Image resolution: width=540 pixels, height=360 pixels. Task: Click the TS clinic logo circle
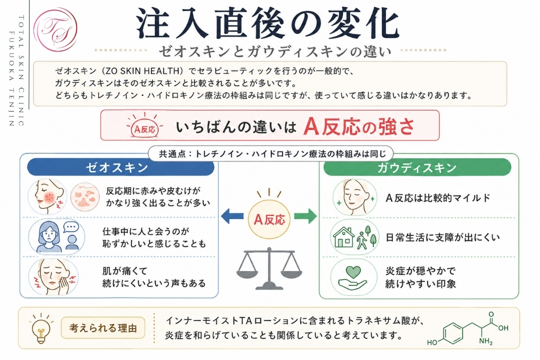pos(55,29)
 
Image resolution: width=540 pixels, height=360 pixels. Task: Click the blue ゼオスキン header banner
pos(120,167)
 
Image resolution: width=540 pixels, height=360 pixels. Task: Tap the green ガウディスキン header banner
pos(417,167)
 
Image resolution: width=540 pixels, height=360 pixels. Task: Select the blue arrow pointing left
pos(232,216)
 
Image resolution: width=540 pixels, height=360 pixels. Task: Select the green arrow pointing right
pos(305,216)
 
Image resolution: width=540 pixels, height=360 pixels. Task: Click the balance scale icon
pos(269,268)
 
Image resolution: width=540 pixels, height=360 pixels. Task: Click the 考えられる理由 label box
pos(103,328)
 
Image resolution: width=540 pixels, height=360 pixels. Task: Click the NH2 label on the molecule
pos(485,341)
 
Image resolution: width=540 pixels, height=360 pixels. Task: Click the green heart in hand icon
pos(352,277)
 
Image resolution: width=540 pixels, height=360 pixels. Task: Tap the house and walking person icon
pos(354,237)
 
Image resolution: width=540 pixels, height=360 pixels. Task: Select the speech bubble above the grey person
pos(71,227)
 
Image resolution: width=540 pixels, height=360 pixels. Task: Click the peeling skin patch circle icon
pos(85,197)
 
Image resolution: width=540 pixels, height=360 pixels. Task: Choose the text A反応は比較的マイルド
pos(437,197)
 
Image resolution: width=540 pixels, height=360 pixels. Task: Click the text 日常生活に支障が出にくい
pos(442,237)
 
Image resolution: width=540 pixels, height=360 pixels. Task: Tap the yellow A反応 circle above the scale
pos(269,219)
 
